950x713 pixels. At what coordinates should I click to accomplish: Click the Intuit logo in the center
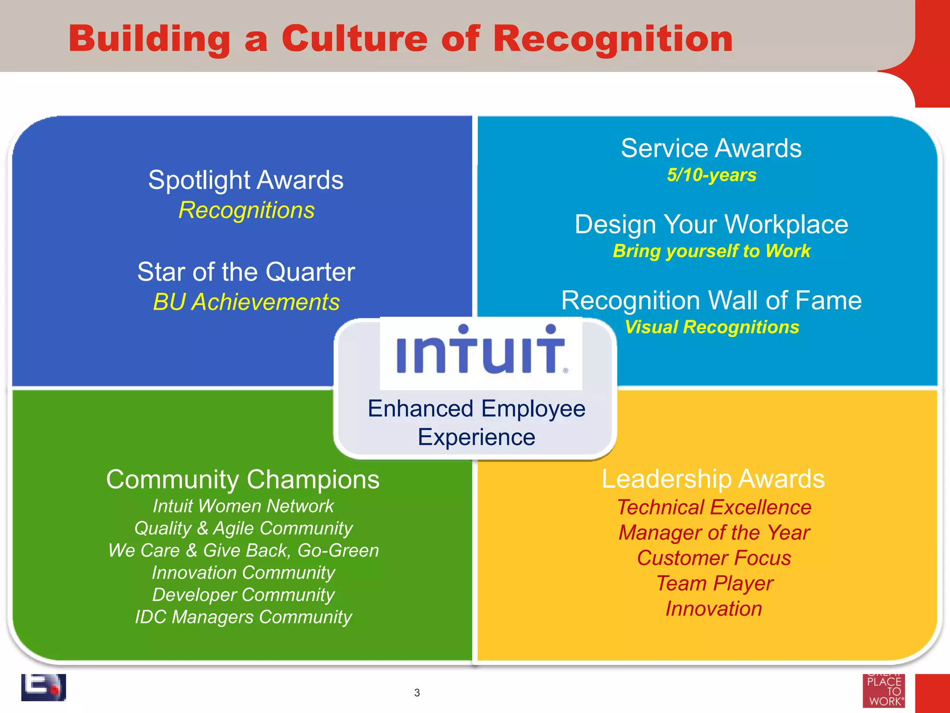(x=481, y=350)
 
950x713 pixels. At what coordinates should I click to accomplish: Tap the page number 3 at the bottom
(x=417, y=693)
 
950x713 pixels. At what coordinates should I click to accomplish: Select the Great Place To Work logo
(x=884, y=691)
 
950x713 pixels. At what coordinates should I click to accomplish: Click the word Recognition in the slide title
(x=612, y=39)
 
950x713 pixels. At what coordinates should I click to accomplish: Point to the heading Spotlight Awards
(x=246, y=180)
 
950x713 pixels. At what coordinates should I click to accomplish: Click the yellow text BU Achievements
(x=246, y=302)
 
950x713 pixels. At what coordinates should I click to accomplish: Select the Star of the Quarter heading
(x=246, y=272)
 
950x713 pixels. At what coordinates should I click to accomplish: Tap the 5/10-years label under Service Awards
(x=712, y=175)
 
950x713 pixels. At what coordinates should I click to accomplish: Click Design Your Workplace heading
(x=711, y=225)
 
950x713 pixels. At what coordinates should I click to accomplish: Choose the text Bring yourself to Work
(x=711, y=251)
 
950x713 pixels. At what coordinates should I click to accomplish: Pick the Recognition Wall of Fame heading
(x=711, y=300)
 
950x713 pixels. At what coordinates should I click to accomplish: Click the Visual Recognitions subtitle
(x=712, y=327)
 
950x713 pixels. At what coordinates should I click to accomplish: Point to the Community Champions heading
(x=243, y=480)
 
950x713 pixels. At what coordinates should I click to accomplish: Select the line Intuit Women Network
(x=243, y=506)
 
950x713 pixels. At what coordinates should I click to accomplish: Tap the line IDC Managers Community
(x=243, y=617)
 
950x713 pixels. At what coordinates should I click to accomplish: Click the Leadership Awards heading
(x=713, y=479)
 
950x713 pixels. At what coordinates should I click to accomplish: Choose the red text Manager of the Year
(x=714, y=532)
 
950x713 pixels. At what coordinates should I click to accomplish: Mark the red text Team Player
(x=714, y=583)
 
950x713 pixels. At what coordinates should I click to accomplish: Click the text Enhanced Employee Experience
(x=476, y=423)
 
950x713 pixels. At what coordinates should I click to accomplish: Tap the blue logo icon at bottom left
(x=43, y=687)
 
